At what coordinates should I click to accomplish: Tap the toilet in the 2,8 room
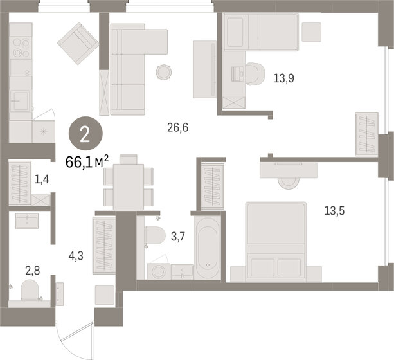pyautogui.click(x=30, y=290)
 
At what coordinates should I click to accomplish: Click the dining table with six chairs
pyautogui.click(x=129, y=184)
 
